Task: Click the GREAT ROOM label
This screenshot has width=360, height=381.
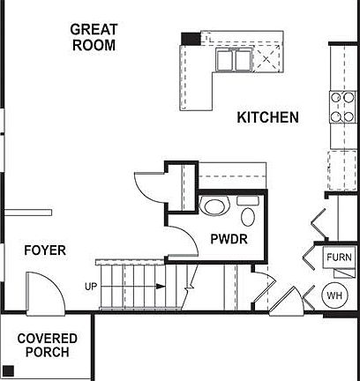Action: click(94, 37)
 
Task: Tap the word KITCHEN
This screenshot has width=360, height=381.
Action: click(267, 117)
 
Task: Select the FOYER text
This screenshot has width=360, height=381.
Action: click(44, 250)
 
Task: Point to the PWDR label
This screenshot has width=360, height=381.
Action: click(229, 239)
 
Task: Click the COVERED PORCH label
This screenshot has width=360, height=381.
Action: click(47, 345)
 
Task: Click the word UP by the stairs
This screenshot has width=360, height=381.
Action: click(91, 287)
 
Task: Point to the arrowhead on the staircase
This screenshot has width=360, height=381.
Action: click(161, 287)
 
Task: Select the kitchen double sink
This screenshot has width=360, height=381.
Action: click(233, 60)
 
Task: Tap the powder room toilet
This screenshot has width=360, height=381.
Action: click(214, 208)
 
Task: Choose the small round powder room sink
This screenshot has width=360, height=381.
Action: click(248, 217)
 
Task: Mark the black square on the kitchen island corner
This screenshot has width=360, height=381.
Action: click(191, 38)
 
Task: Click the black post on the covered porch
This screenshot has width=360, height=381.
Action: click(8, 371)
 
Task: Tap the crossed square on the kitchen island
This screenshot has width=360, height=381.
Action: click(266, 59)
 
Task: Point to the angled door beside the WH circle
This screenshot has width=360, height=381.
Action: click(287, 300)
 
